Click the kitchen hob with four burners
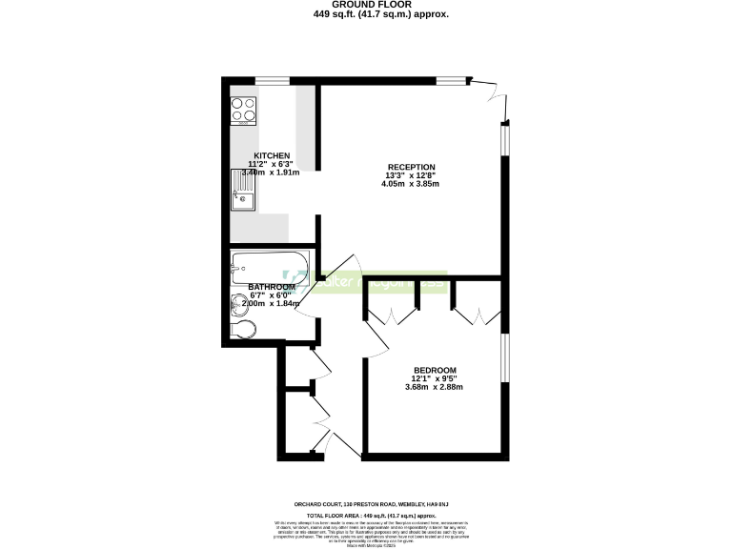click(243, 110)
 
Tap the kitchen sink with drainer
click(243, 190)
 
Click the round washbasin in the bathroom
click(238, 303)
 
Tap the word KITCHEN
click(272, 155)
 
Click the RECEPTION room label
click(411, 166)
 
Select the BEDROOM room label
click(435, 370)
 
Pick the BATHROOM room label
click(271, 287)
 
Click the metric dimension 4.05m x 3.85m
click(411, 184)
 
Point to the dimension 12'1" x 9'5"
click(435, 378)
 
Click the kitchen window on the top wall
click(273, 80)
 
